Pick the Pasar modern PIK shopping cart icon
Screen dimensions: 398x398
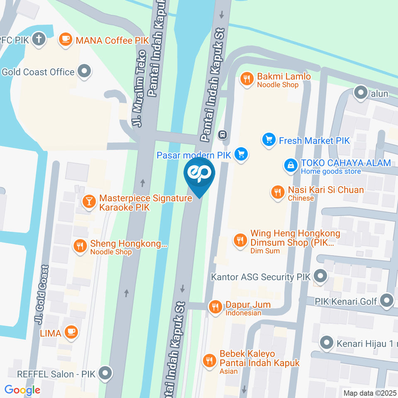coord(240,155)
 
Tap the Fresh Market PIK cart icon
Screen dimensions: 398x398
coord(269,140)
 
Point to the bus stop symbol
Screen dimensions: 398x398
coord(223,134)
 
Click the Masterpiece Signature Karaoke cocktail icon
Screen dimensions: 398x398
coord(89,202)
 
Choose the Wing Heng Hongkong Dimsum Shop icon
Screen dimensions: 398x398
coord(240,240)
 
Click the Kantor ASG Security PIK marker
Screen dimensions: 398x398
coord(320,276)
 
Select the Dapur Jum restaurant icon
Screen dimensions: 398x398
coord(215,307)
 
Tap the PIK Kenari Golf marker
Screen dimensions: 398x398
coord(387,301)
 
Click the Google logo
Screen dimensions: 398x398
coord(22,390)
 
